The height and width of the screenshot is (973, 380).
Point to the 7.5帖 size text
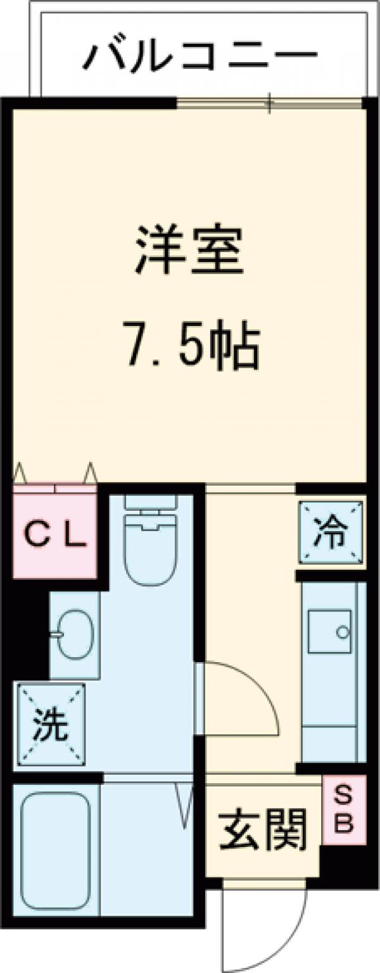click(x=189, y=347)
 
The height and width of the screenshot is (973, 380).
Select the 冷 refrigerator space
click(x=331, y=532)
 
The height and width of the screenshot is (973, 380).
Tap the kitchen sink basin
click(x=330, y=631)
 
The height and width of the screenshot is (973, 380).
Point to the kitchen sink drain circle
click(x=343, y=631)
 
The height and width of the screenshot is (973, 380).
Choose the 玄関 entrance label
click(x=262, y=829)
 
